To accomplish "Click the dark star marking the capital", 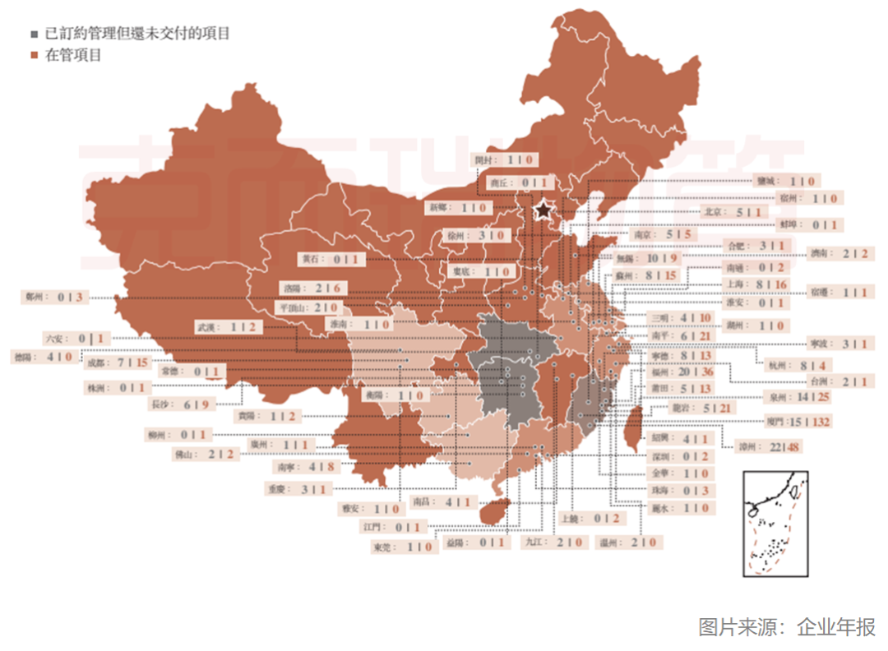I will tap(543, 210).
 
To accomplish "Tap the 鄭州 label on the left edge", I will tap(54, 297).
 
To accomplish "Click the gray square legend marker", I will tap(34, 35).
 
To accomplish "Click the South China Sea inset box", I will tap(775, 524).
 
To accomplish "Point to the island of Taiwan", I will tap(634, 430).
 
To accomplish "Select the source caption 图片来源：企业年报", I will tap(787, 626).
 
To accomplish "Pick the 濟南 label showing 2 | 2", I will tap(838, 253).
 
